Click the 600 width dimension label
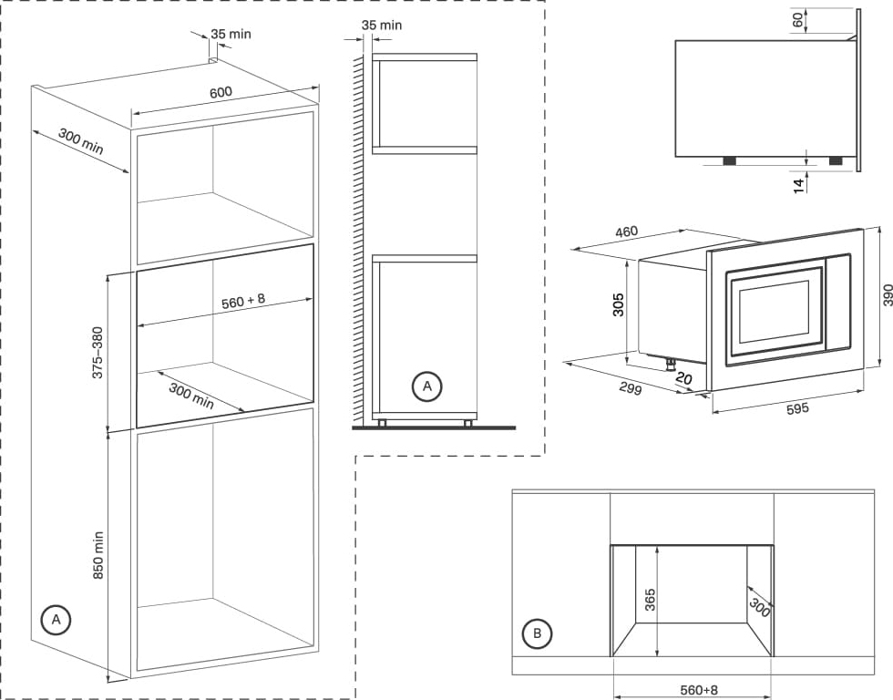click(x=221, y=92)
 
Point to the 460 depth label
click(x=626, y=232)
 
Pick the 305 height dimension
click(x=619, y=304)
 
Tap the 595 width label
click(x=797, y=409)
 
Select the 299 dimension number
click(x=630, y=389)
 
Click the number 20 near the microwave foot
click(x=686, y=378)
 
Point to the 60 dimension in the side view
click(x=798, y=20)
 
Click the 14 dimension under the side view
click(x=798, y=185)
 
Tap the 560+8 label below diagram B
click(x=700, y=690)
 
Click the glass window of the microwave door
click(x=773, y=312)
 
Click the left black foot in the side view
click(x=729, y=160)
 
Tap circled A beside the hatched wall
click(x=425, y=386)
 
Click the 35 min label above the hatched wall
click(x=381, y=25)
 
